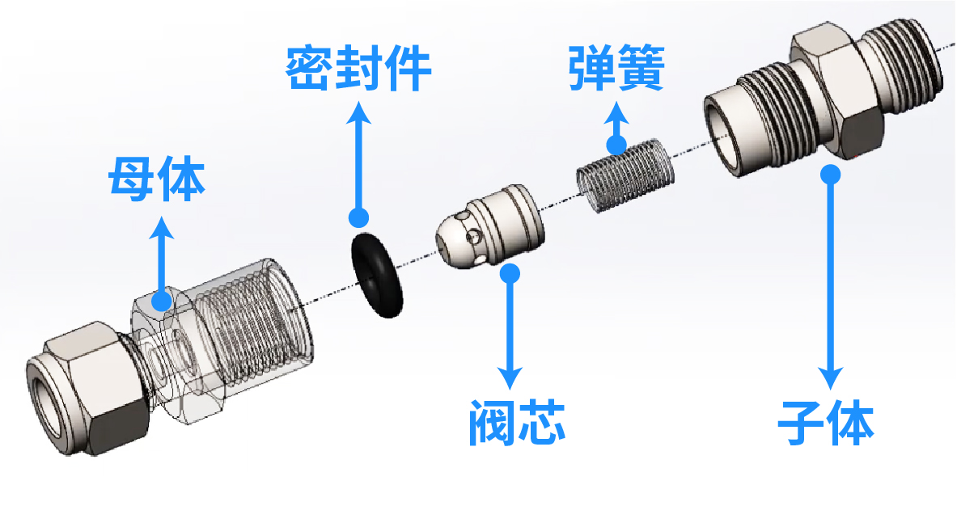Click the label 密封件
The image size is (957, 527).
coord(358,70)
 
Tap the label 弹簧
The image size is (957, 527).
coord(616,69)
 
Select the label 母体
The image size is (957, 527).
coord(157,179)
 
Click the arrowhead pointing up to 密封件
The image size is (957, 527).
coord(358,113)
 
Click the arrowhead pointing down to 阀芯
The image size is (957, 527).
coord(510,375)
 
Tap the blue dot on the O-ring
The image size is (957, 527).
coord(358,217)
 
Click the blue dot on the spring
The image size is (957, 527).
coord(616,145)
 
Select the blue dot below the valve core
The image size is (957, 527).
coord(510,272)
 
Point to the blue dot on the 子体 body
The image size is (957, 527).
coord(830,174)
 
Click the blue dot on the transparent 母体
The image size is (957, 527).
coord(163,301)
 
